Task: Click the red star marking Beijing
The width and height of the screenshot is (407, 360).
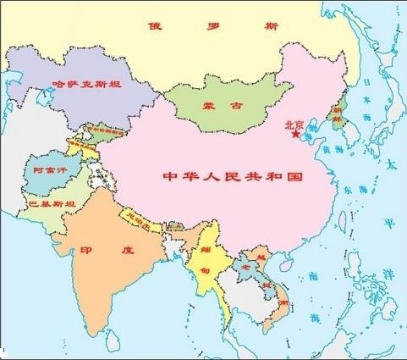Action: (294, 134)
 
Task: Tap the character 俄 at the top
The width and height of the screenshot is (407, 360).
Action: (154, 25)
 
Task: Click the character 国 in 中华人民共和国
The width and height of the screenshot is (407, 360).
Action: (294, 178)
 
